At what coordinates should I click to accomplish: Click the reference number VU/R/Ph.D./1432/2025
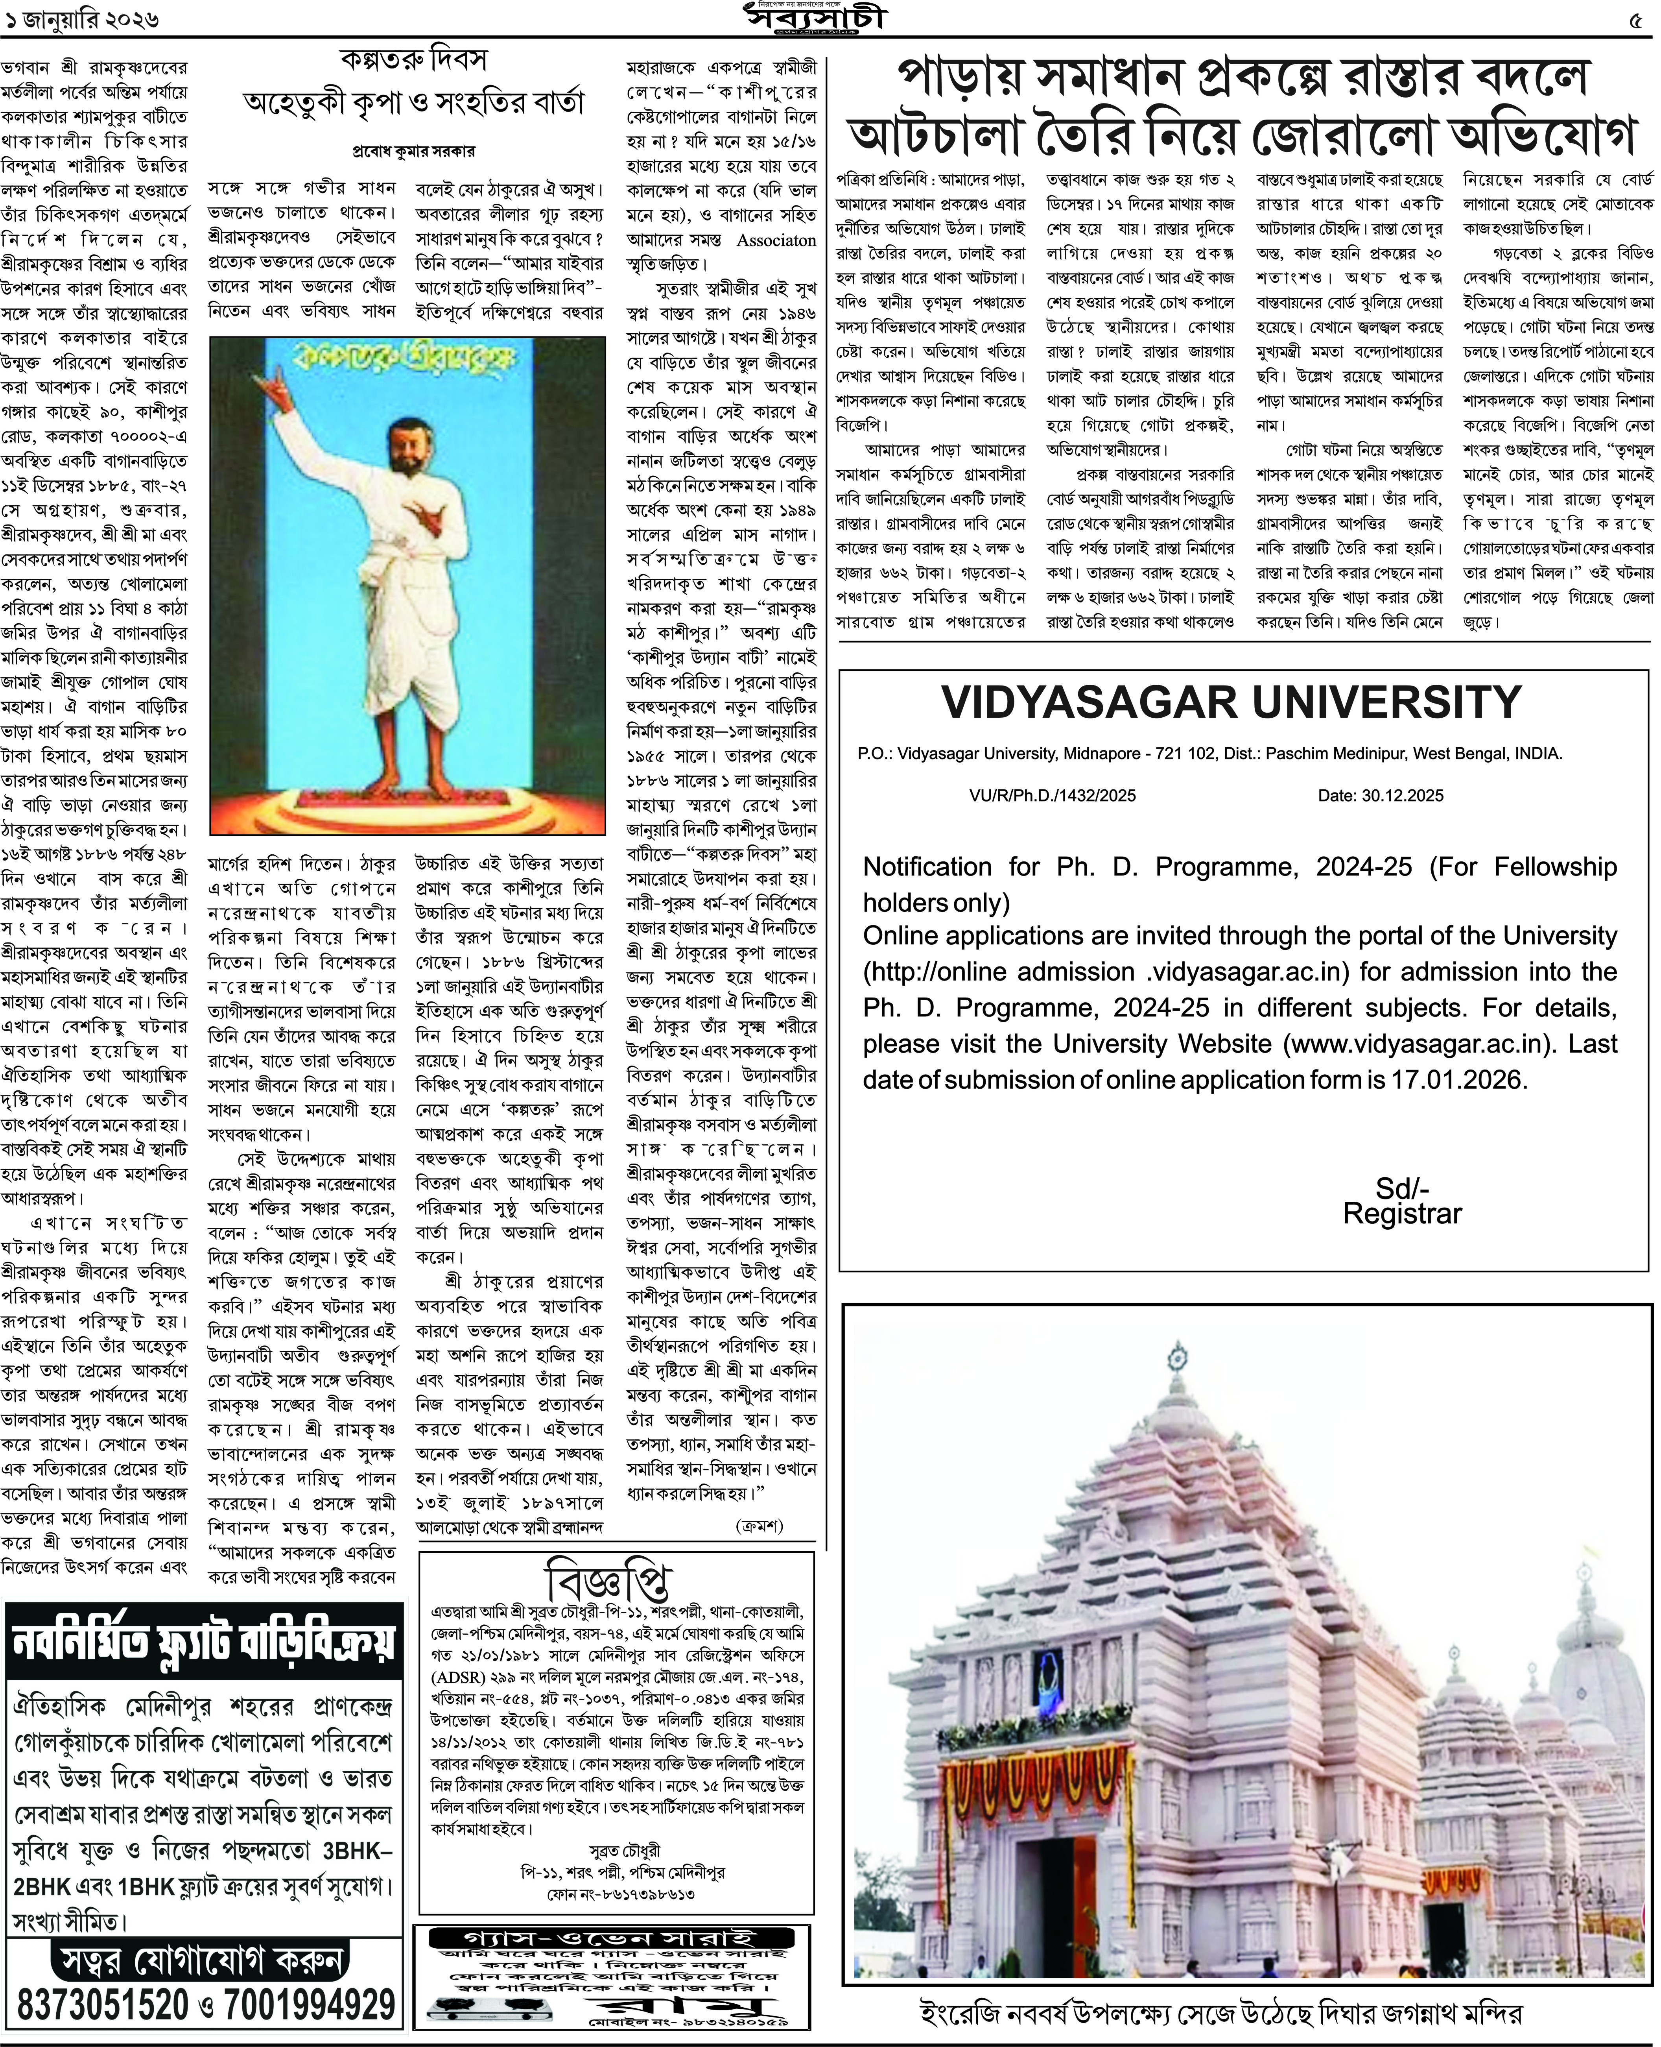click(1053, 795)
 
